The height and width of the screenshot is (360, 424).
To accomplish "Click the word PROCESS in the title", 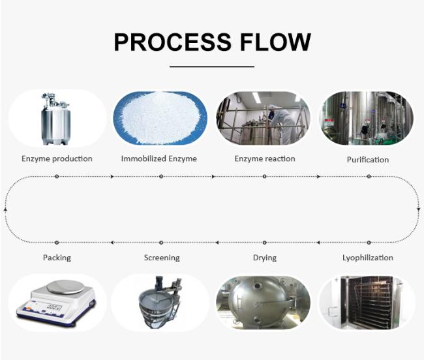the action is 172,42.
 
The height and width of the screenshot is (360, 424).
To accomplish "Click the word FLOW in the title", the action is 275,42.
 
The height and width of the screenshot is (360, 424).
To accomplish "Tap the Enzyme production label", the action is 57,158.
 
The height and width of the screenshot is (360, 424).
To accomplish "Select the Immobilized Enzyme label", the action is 159,158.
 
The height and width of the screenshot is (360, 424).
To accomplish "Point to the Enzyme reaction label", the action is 265,158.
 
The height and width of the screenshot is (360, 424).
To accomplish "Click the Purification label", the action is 368,160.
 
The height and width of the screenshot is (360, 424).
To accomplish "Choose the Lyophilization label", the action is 368,258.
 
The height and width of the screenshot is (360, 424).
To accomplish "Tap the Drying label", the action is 265,258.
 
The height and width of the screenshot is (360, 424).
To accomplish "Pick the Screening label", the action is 162,258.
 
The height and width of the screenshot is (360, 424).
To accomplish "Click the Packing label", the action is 57,258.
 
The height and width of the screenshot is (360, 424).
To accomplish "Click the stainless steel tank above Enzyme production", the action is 56,119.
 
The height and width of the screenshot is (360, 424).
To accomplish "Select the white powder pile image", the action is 160,118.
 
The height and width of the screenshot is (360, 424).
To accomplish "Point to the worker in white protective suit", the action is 281,119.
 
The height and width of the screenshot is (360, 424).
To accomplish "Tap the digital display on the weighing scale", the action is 54,307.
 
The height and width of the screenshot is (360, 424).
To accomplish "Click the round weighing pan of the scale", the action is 65,287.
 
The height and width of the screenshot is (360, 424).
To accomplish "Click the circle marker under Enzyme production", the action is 57,177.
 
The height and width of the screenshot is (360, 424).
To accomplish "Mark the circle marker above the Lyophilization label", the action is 369,243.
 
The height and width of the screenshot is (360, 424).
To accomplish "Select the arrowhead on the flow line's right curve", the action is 419,209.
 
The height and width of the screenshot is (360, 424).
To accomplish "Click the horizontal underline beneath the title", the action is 212,67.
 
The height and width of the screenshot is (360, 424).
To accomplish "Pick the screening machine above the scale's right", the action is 160,302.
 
